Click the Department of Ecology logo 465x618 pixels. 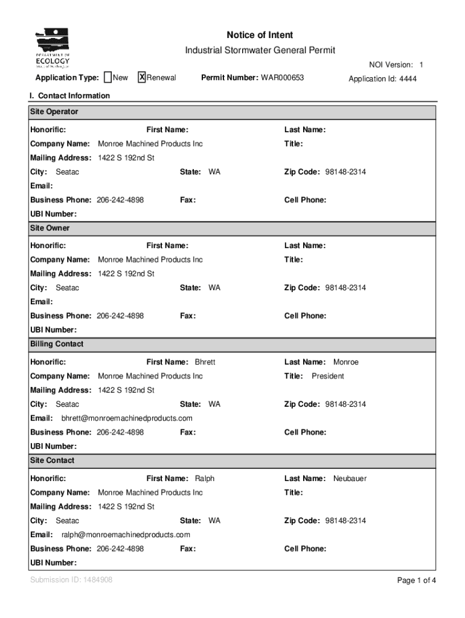53,48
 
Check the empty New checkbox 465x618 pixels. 107,77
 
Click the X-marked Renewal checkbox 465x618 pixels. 142,77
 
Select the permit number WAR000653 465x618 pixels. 282,78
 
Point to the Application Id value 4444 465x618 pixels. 408,79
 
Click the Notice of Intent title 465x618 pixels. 260,35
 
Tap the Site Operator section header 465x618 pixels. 54,112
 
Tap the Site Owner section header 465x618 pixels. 50,228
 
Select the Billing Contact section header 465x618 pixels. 57,344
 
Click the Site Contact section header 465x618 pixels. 53,460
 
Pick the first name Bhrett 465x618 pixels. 205,362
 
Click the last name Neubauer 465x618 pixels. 350,479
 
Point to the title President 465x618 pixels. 327,376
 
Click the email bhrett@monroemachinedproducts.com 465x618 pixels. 127,418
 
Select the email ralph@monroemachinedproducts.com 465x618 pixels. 126,535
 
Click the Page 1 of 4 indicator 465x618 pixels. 416,581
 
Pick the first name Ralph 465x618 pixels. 204,479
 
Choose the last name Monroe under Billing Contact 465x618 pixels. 345,362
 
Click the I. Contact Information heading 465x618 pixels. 70,96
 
